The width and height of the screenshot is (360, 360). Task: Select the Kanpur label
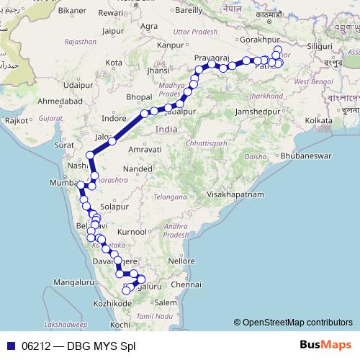[x=170, y=45]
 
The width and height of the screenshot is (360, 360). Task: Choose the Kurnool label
[x=134, y=233]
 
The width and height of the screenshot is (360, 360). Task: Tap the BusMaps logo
[x=325, y=346]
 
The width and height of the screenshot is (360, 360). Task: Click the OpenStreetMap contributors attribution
[x=293, y=323]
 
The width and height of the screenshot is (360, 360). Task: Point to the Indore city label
[x=114, y=118]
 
